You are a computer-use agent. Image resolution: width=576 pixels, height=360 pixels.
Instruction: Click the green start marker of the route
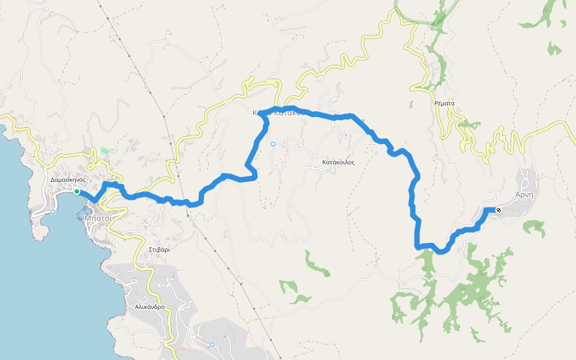click(x=77, y=191)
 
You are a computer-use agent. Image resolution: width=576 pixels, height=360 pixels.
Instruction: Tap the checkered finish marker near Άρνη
click(x=498, y=210)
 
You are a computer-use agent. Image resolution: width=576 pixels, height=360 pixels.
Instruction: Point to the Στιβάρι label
click(x=159, y=249)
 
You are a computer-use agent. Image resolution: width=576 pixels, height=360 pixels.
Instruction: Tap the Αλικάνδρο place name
click(x=149, y=307)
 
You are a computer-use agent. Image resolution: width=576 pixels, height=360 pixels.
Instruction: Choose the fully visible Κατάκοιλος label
click(x=338, y=162)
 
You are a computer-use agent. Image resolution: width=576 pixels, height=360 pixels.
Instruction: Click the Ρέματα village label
click(x=445, y=103)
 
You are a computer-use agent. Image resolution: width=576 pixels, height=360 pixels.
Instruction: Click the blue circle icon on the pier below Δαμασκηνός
click(x=53, y=212)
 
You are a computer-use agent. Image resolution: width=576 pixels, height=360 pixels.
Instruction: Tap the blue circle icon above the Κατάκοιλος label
click(x=273, y=144)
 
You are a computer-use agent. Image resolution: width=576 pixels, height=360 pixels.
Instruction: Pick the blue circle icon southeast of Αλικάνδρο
click(x=212, y=344)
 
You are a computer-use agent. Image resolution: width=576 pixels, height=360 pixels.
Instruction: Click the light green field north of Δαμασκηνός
click(x=106, y=151)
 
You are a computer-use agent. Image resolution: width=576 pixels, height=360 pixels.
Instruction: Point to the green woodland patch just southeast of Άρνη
click(x=533, y=227)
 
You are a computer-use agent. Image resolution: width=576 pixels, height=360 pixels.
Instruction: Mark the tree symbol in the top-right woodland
click(x=546, y=11)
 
